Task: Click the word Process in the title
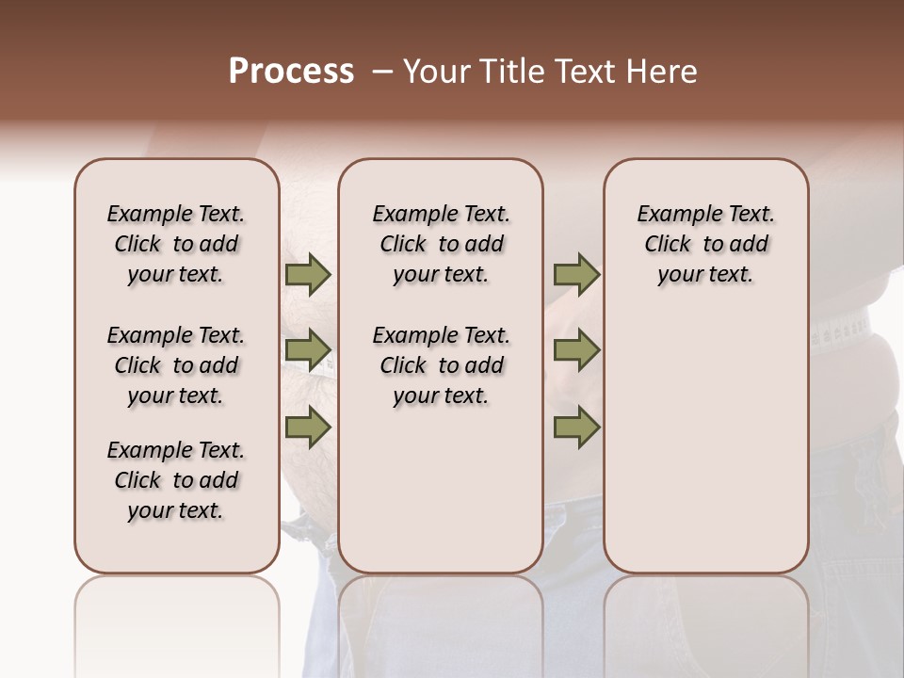pos(291,72)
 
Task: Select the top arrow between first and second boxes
pos(307,275)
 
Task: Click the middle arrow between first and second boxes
pos(307,350)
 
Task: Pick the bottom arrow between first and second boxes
pos(307,427)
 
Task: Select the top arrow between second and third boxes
pos(575,275)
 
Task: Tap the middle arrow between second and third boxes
pos(575,350)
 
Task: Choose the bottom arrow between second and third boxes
pos(575,427)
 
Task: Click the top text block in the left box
pos(176,244)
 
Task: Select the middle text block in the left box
pos(176,365)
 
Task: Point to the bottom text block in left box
pos(176,480)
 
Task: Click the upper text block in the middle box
pos(441,244)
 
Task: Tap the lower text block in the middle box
pos(441,365)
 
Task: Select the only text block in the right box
pos(705,244)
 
